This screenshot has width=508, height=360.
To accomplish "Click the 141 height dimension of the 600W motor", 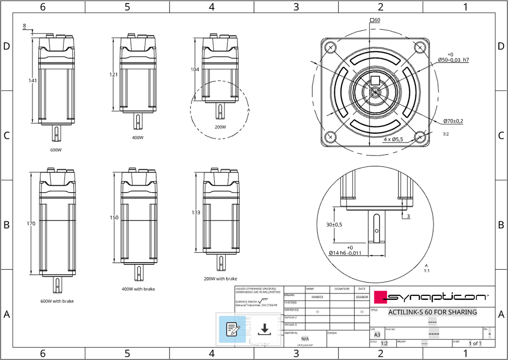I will [33, 81].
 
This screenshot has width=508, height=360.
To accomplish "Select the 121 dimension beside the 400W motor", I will [114, 74].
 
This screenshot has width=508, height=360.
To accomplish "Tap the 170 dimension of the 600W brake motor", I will [31, 223].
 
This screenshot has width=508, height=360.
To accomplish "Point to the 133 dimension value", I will [196, 213].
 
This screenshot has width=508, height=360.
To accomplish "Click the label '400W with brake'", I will [138, 289].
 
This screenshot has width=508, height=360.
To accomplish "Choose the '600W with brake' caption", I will [57, 301].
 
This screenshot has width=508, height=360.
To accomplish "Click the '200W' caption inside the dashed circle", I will [220, 127].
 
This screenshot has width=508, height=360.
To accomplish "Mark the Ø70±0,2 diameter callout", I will [453, 121].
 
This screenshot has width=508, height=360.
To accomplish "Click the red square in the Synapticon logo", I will [380, 297].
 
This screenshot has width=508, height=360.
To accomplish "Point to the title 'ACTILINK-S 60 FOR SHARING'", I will [432, 312].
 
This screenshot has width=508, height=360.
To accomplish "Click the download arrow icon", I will [264, 329].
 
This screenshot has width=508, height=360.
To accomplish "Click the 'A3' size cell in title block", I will [377, 335].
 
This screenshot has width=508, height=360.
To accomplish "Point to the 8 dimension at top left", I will [24, 26].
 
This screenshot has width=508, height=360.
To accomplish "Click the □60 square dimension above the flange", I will [375, 20].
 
